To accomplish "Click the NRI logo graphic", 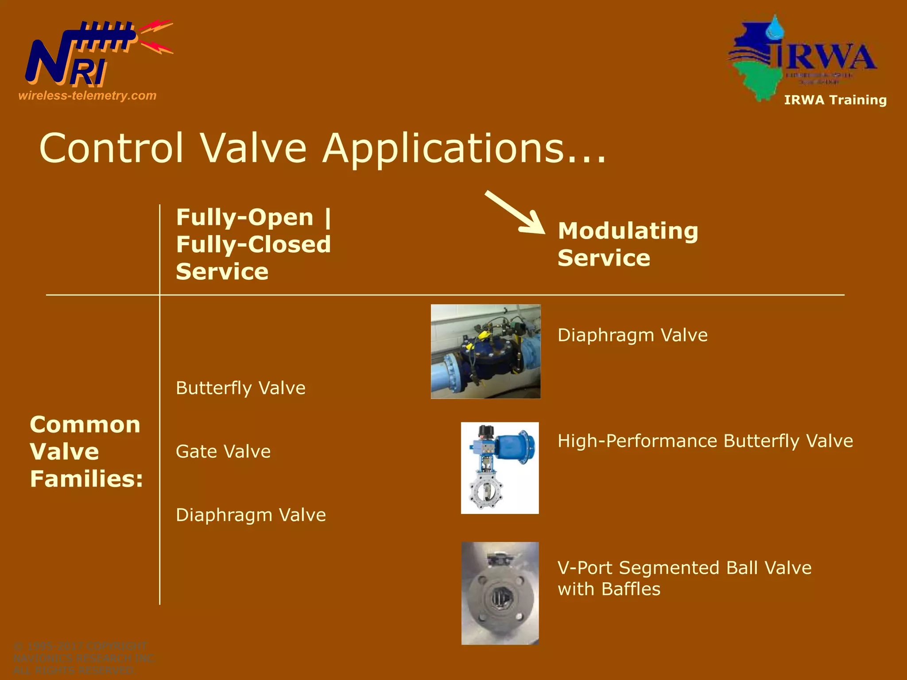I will tap(89, 55).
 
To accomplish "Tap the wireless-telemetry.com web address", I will tap(87, 96).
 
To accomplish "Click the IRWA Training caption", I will tap(835, 100).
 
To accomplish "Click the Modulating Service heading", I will tap(628, 244).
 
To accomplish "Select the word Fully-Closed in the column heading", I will tap(253, 244).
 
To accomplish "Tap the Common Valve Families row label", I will tap(86, 452).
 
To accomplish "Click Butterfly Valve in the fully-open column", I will tap(240, 388).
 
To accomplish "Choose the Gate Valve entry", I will tap(223, 452).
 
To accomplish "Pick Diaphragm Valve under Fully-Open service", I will tap(251, 515).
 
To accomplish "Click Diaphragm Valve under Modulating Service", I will tap(632, 335).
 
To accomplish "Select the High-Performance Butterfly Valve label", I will tap(705, 441).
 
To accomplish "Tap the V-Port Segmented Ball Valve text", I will tap(684, 568).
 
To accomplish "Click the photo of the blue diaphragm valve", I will tap(485, 352).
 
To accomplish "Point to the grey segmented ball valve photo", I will tap(500, 593).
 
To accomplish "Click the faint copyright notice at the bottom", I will tap(84, 658).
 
